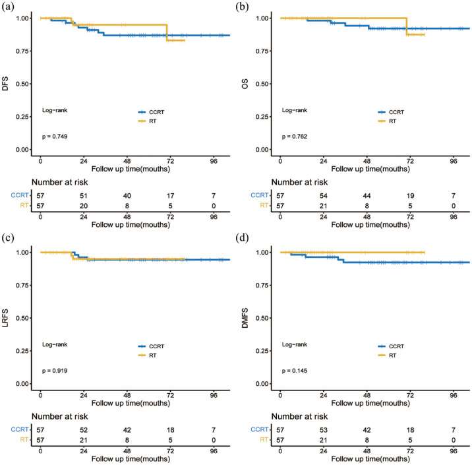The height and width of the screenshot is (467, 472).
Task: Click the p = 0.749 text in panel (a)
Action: tap(55, 137)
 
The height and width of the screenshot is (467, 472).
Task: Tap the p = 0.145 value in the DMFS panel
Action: tap(295, 371)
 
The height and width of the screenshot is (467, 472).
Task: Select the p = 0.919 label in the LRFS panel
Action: tap(55, 371)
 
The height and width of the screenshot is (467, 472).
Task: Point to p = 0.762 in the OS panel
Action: tap(295, 137)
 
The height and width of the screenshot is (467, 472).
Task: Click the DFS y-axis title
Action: tap(5, 84)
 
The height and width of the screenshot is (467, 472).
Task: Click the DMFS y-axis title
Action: tap(245, 318)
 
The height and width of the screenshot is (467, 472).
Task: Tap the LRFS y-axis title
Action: tap(5, 318)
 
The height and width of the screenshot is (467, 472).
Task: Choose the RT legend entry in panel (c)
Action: tap(147, 356)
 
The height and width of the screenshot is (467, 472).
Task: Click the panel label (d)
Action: tap(243, 238)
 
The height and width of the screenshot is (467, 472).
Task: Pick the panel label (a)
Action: tap(8, 7)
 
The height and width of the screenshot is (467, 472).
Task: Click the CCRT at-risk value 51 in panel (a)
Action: tap(83, 196)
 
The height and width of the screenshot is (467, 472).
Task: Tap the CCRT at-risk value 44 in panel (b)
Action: tap(367, 196)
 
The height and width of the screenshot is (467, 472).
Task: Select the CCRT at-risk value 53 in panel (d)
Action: tap(323, 430)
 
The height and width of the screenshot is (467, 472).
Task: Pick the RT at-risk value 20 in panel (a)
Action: tap(83, 206)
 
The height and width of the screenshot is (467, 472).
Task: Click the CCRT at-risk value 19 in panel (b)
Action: tap(410, 196)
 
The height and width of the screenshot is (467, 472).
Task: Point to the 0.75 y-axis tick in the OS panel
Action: tap(262, 51)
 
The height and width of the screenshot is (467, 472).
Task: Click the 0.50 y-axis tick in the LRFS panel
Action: tap(22, 318)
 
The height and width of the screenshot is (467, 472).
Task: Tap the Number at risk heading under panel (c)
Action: tap(59, 416)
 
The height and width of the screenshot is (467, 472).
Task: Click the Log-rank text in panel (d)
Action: tap(295, 344)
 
